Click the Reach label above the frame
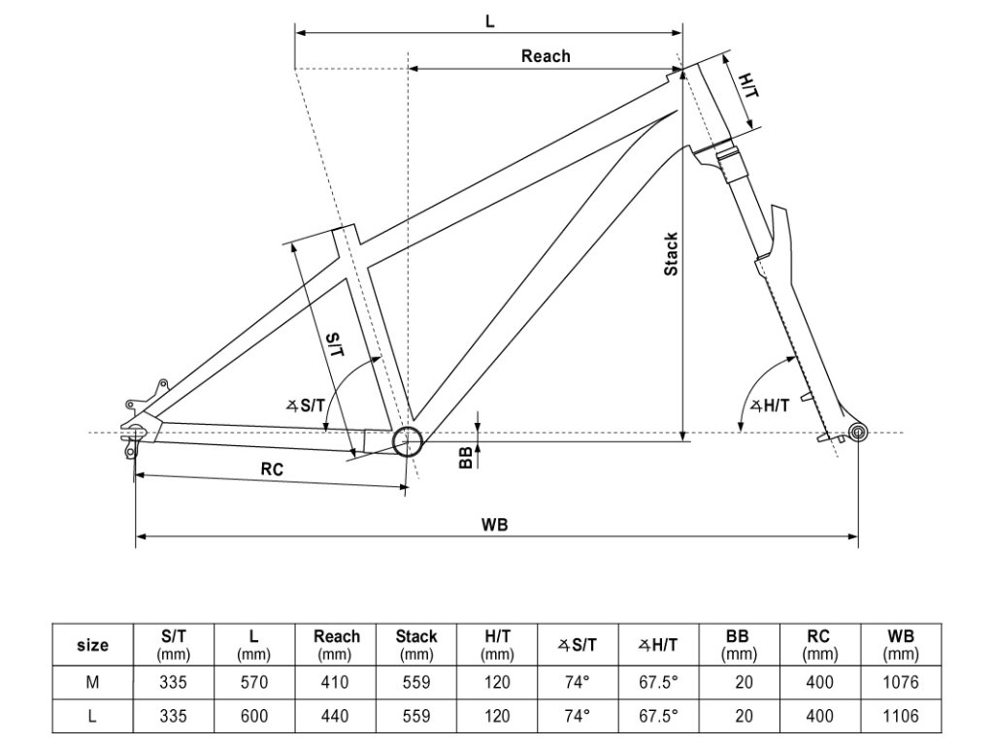[546, 55]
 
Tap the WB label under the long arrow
[495, 524]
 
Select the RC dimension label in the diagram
[272, 469]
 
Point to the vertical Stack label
[671, 254]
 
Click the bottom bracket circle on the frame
[407, 442]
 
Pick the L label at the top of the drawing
[489, 19]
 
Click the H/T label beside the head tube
[748, 86]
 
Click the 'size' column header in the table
[92, 645]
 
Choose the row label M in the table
[92, 682]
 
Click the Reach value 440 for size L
[336, 717]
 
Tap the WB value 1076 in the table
[901, 682]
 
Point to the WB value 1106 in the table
[901, 717]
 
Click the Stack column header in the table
[415, 645]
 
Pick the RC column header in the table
[819, 645]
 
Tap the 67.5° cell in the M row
[658, 682]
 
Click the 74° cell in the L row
[578, 717]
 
